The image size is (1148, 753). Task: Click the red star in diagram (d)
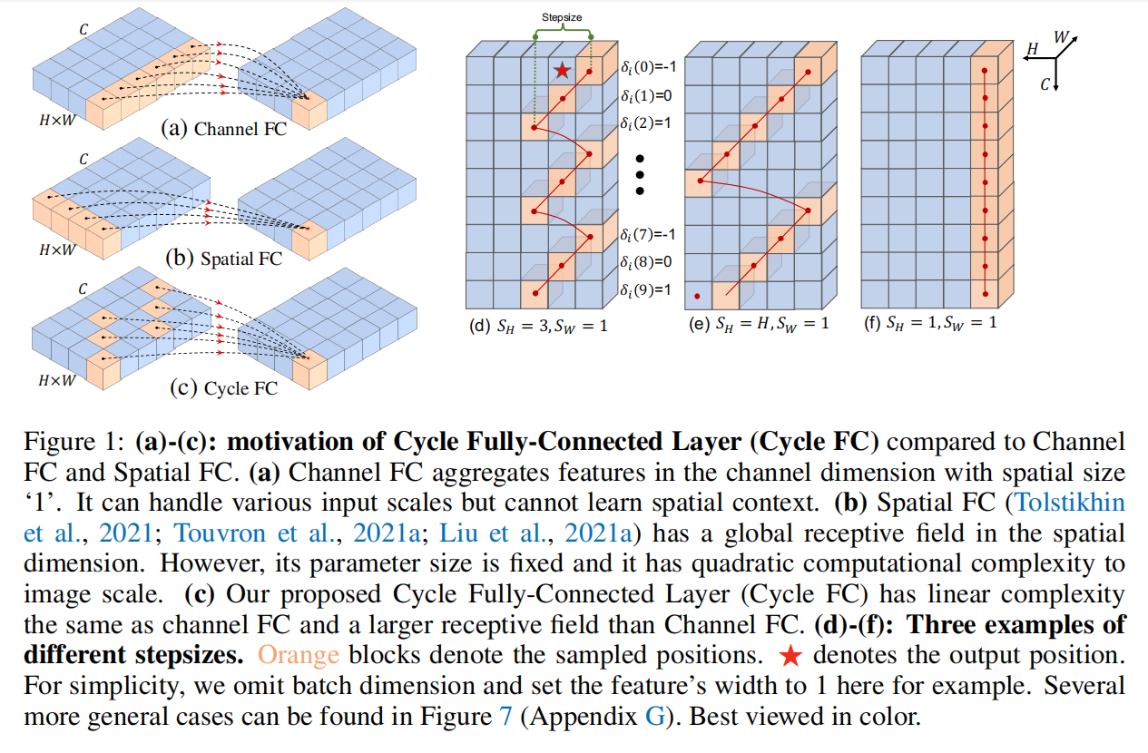click(563, 70)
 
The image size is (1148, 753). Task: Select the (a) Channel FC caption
click(223, 128)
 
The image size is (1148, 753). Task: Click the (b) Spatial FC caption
click(223, 258)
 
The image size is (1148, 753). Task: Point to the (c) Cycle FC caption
click(223, 388)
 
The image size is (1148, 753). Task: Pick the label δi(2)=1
click(648, 119)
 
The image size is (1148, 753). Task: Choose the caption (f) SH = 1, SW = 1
click(930, 322)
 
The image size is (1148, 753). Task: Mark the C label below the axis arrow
click(1045, 84)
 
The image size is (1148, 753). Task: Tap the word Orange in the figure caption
click(298, 655)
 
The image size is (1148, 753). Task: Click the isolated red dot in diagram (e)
click(697, 296)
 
